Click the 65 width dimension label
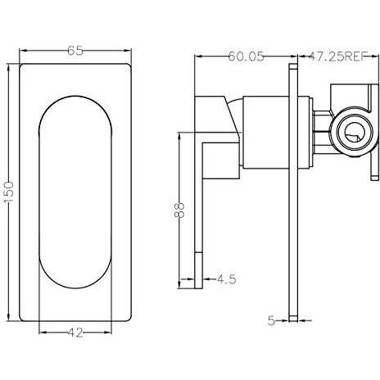click(75, 51)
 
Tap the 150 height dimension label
click(9, 192)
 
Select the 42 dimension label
click(75, 332)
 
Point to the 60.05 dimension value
click(246, 57)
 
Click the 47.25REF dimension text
click(337, 57)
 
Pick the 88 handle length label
click(179, 210)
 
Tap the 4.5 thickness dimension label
click(226, 279)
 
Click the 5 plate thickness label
click(271, 320)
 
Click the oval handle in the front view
click(75, 192)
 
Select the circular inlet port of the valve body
click(351, 134)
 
